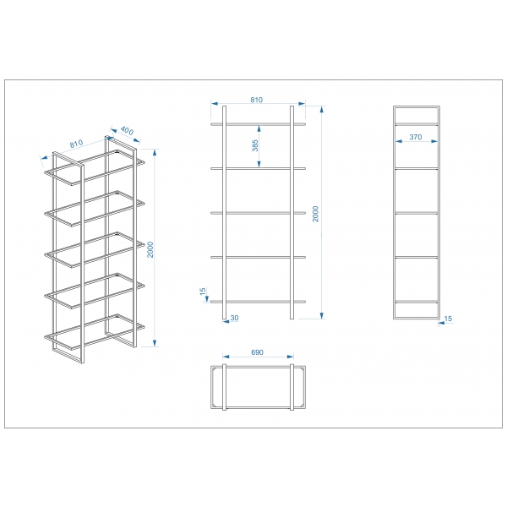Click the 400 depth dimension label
(127, 131)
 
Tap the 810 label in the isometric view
(77, 144)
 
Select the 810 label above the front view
(256, 100)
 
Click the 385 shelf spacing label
(255, 145)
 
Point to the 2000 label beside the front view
(315, 214)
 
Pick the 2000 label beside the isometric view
(150, 249)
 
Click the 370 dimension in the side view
(416, 137)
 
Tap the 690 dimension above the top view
(258, 352)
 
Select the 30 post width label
(234, 318)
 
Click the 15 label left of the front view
(203, 291)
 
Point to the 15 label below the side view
(448, 319)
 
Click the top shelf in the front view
(258, 123)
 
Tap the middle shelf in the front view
(258, 213)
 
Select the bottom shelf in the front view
(258, 302)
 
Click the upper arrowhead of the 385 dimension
(259, 128)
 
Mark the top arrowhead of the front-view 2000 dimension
(321, 109)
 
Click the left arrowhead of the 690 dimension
(226, 357)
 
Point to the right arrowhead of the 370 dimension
(434, 141)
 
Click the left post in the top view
(225, 387)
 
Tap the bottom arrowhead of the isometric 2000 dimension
(155, 343)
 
